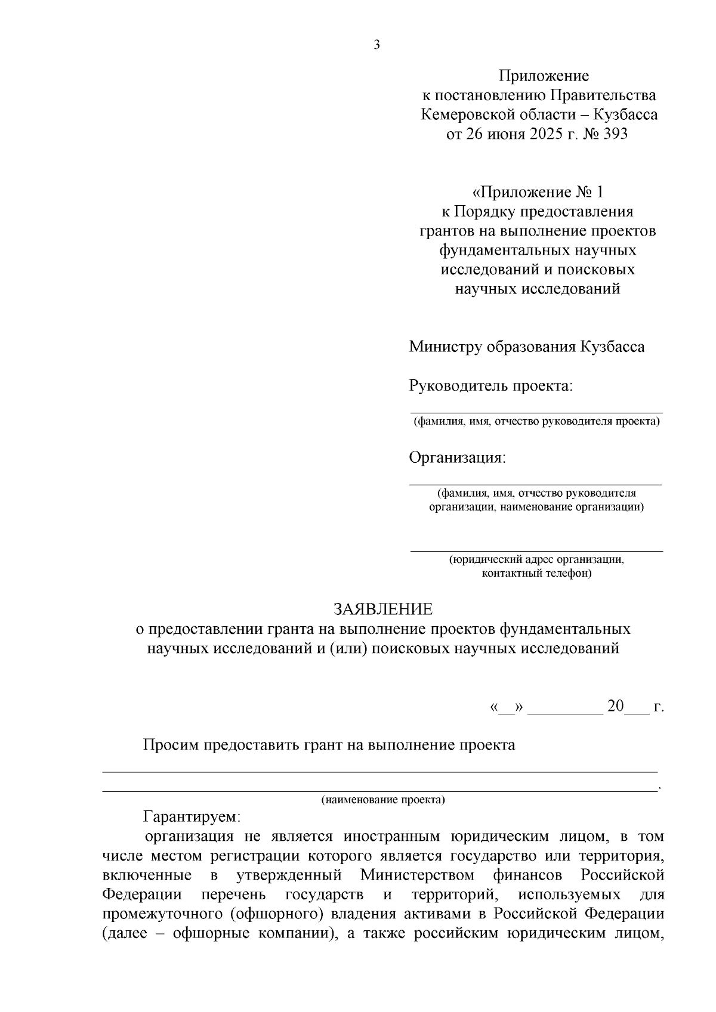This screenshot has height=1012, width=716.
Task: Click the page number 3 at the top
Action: pos(376,45)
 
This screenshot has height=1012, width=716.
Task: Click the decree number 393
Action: pos(615,134)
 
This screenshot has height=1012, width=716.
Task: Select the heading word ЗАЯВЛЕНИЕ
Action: pos(382,609)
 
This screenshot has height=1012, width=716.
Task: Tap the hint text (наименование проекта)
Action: pos(383,800)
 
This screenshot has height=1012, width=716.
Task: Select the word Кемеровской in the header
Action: pos(468,114)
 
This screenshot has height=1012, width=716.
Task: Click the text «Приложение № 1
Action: pos(538,192)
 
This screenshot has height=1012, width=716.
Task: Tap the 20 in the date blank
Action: pos(615,707)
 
